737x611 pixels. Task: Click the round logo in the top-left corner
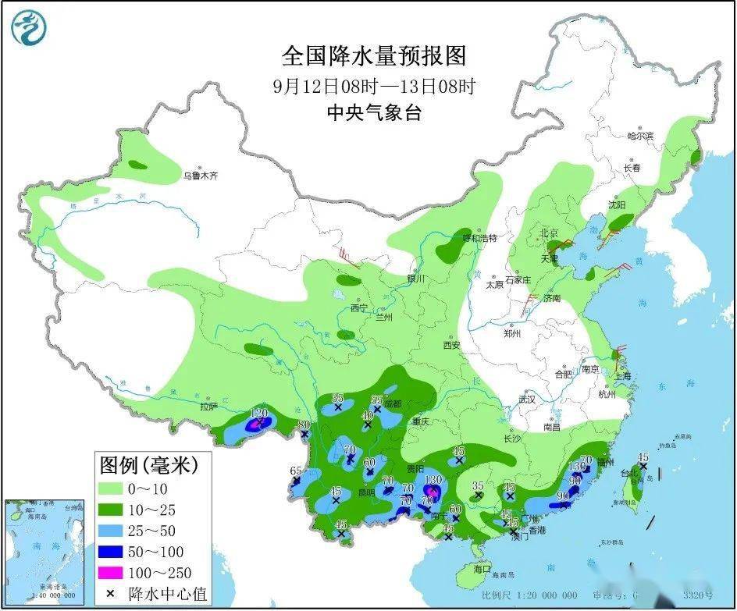point(29,27)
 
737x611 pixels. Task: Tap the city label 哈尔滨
point(639,136)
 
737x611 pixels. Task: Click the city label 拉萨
point(208,407)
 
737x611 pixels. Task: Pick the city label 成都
point(393,404)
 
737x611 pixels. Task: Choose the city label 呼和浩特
point(479,237)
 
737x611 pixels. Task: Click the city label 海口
point(482,569)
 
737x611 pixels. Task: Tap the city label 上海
point(623,375)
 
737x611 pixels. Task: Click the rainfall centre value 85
point(337,398)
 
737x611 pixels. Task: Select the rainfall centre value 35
point(479,485)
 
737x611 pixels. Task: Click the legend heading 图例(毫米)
point(148,467)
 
